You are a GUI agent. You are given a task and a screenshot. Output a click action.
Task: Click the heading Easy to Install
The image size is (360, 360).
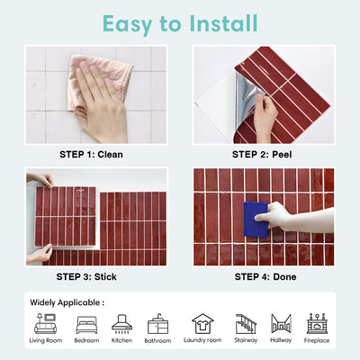179,22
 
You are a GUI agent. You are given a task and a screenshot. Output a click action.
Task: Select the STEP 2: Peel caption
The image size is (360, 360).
263,154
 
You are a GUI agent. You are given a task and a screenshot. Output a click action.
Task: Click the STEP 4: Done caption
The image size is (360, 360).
263,276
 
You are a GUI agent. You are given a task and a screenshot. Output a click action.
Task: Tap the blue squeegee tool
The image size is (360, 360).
256,218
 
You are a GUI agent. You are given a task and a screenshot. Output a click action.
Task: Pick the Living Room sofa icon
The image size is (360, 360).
46,324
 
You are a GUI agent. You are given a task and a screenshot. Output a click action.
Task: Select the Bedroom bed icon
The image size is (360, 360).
87,324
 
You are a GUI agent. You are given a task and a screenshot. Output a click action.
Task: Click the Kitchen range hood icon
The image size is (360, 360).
121,323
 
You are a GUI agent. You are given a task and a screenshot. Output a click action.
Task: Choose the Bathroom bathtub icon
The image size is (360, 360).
157,323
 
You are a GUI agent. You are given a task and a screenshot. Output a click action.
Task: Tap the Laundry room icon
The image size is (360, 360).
202,323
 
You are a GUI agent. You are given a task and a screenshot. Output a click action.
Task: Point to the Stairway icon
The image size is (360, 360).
245,323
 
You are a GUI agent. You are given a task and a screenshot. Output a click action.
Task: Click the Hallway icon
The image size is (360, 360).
282,323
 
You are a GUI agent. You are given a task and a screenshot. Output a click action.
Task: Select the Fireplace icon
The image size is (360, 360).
316,323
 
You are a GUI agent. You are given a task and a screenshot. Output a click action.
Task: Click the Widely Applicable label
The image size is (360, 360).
67,302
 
